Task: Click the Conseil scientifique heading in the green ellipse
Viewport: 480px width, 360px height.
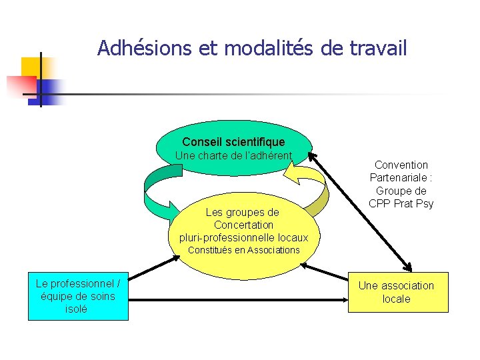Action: [233, 142]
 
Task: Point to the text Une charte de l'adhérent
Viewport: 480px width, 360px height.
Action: [233, 156]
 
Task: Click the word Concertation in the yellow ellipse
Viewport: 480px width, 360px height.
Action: [243, 225]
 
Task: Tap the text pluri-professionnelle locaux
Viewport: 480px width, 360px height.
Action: [243, 237]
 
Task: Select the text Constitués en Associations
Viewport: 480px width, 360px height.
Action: [244, 250]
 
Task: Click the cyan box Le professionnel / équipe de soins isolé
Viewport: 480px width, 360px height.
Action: [77, 296]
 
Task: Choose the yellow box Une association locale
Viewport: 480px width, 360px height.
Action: [398, 292]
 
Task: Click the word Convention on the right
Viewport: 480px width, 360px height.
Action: [401, 165]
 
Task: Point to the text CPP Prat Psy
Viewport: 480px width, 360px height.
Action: [401, 204]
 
